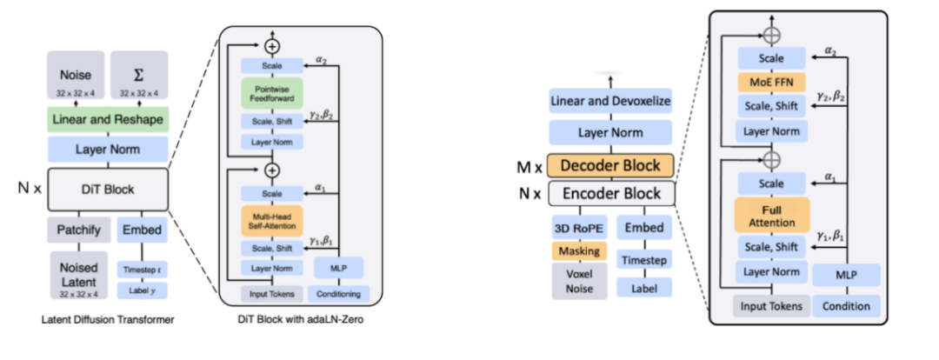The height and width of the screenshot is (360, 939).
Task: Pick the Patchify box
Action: [x=76, y=230]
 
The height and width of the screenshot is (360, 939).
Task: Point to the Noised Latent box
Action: [x=76, y=275]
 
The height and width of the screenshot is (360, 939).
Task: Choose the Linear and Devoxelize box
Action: [x=610, y=102]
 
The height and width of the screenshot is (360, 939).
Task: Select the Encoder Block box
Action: [x=610, y=195]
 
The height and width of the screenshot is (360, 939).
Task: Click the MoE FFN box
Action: [x=772, y=83]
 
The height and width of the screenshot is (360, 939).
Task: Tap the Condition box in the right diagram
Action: [x=847, y=305]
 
